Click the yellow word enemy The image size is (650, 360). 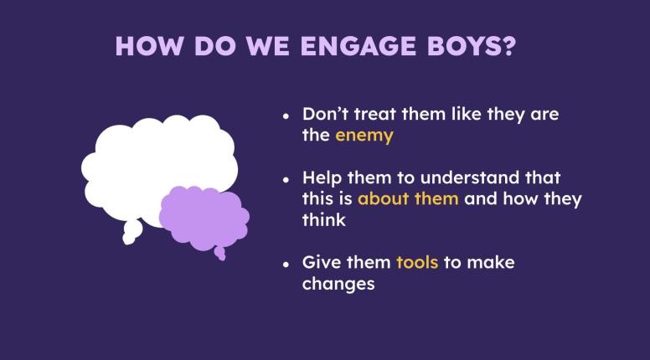(x=364, y=136)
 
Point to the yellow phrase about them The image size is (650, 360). (x=408, y=199)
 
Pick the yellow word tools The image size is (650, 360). (x=417, y=263)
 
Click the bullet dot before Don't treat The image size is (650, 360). (x=286, y=116)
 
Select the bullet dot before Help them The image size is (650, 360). (x=286, y=179)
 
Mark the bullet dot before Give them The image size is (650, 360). (x=286, y=264)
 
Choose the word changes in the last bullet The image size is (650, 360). (x=338, y=284)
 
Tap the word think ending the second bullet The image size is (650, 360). (x=323, y=220)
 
